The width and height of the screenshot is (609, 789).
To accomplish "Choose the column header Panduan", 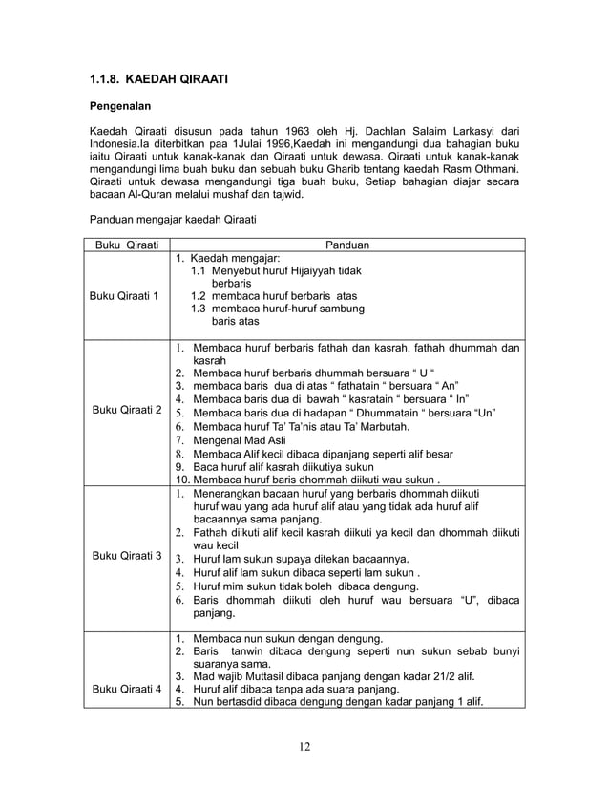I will click(x=347, y=245).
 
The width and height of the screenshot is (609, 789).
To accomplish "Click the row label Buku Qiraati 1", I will click(x=124, y=295).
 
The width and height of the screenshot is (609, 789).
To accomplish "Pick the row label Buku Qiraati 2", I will click(x=124, y=410).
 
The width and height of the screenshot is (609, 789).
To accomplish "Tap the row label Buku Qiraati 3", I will click(x=124, y=555).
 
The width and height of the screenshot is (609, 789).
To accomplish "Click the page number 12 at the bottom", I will click(x=304, y=746).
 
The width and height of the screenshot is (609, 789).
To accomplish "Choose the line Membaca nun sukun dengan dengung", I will click(x=286, y=638).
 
